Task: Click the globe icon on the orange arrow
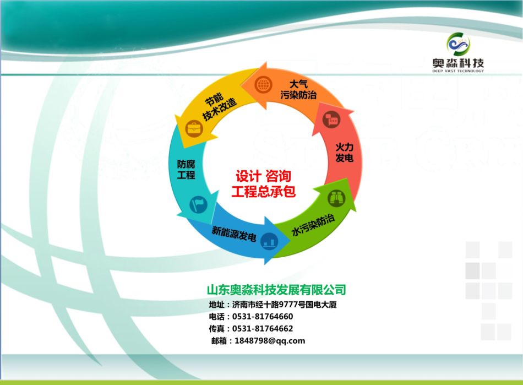[263, 84]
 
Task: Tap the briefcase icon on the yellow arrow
[194, 128]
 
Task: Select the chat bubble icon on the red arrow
[332, 119]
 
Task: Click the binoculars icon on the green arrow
[336, 198]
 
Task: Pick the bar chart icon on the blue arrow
[269, 241]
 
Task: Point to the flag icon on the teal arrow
[198, 204]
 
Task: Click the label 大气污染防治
[298, 89]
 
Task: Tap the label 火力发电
[345, 153]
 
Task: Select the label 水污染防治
[313, 225]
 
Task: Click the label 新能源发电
[234, 233]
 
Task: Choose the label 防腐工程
[186, 170]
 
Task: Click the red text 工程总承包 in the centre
[264, 192]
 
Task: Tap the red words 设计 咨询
[264, 176]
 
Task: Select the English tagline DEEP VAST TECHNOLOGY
[458, 71]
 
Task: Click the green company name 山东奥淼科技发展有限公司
[276, 290]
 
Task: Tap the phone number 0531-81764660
[263, 316]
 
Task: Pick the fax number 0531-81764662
[263, 329]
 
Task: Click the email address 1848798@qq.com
[270, 340]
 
